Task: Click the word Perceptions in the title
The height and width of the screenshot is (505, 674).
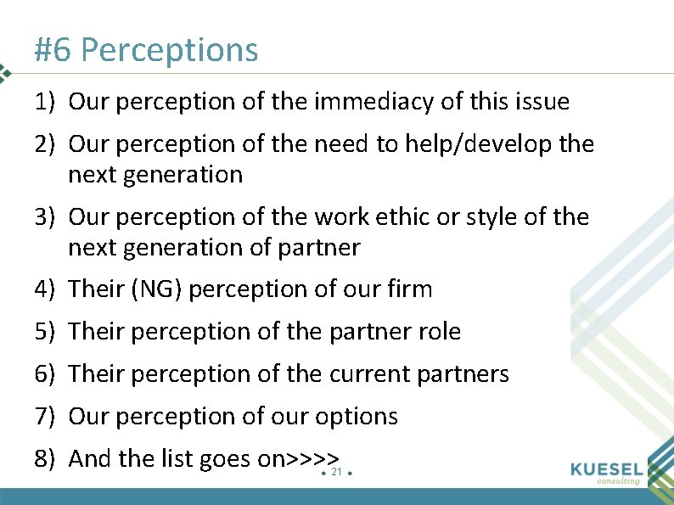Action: [x=169, y=51]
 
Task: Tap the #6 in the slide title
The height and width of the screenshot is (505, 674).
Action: [x=53, y=51]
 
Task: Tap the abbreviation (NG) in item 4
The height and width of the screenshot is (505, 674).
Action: [x=158, y=290]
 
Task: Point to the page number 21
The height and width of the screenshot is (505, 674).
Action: [x=336, y=472]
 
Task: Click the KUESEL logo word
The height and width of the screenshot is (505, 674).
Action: [x=607, y=469]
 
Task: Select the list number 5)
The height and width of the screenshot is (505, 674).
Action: [x=45, y=332]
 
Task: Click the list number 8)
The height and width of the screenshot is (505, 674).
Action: [x=45, y=459]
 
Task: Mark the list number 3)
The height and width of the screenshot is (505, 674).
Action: [x=45, y=217]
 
